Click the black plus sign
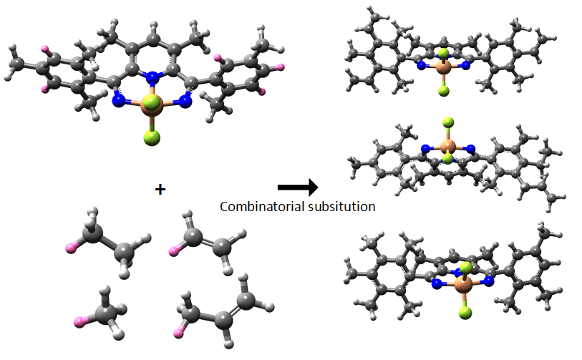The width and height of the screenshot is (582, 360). (x=160, y=190)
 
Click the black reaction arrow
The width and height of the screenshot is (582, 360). (x=298, y=187)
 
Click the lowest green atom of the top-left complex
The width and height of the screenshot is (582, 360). (x=152, y=137)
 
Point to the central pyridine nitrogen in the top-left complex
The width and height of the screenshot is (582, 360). (x=152, y=77)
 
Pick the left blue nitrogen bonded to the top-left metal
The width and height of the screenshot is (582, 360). (x=119, y=101)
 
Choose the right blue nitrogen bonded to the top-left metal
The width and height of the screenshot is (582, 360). (x=185, y=101)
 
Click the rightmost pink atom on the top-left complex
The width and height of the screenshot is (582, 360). (x=281, y=67)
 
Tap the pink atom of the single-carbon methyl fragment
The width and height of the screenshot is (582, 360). (x=79, y=322)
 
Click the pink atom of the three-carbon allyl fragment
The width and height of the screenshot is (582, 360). (x=178, y=334)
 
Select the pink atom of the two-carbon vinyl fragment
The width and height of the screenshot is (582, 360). (x=173, y=251)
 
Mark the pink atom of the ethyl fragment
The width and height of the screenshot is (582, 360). (x=71, y=248)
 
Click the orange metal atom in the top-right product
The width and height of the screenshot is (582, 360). (x=443, y=67)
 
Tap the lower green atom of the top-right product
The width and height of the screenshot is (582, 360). (x=444, y=91)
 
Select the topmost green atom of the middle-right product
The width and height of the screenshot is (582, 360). (x=448, y=122)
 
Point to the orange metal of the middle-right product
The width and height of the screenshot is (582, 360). (x=447, y=146)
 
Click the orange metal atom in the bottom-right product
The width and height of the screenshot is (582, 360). (x=464, y=284)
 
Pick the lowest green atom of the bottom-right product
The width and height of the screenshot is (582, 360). (x=465, y=313)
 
